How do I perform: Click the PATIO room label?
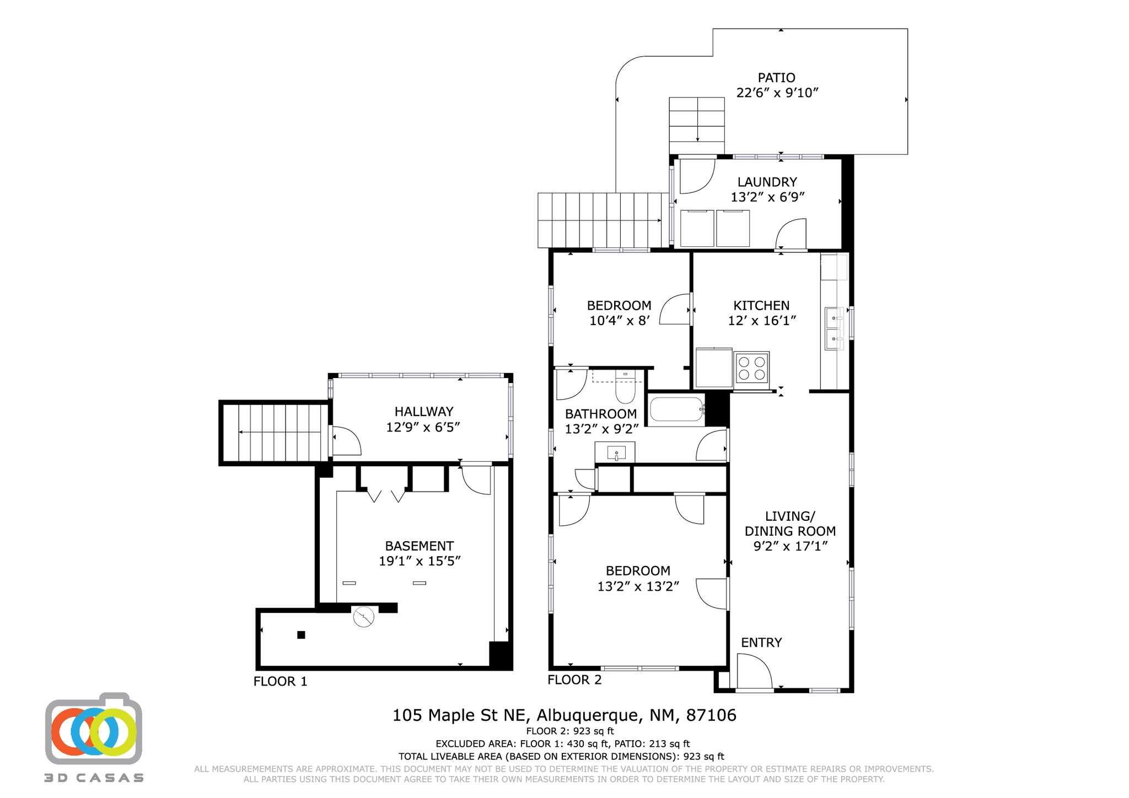pyautogui.click(x=776, y=78)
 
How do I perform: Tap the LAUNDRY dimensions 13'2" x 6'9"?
pyautogui.click(x=767, y=197)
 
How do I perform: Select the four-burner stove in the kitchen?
pyautogui.click(x=752, y=368)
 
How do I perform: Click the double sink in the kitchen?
pyautogui.click(x=834, y=329)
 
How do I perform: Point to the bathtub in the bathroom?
pyautogui.click(x=677, y=409)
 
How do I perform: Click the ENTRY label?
pyautogui.click(x=761, y=643)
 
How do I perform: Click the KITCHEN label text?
pyautogui.click(x=761, y=305)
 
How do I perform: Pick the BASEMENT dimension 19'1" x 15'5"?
pyautogui.click(x=419, y=561)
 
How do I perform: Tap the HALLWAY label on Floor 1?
pyautogui.click(x=423, y=411)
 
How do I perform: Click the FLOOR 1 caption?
pyautogui.click(x=280, y=682)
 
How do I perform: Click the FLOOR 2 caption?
pyautogui.click(x=574, y=680)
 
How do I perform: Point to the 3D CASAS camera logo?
pyautogui.click(x=93, y=729)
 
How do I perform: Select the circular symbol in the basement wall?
pyautogui.click(x=363, y=618)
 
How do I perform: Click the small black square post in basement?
pyautogui.click(x=301, y=635)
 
